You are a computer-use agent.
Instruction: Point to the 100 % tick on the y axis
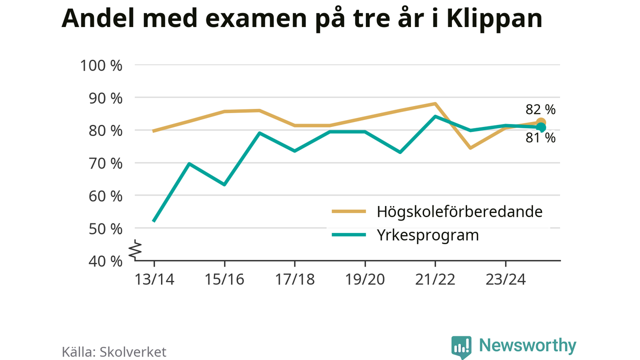[x=101, y=65]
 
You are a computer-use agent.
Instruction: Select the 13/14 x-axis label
[x=154, y=279]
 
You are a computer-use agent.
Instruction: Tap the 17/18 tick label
[x=295, y=279]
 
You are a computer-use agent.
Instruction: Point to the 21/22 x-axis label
[x=435, y=279]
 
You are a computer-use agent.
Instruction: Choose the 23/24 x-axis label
[x=505, y=279]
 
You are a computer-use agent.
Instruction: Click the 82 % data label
[x=540, y=109]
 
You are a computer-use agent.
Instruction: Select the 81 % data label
[x=540, y=138]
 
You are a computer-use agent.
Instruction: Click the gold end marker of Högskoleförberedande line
[x=541, y=122]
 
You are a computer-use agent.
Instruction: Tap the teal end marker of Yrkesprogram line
[x=540, y=128]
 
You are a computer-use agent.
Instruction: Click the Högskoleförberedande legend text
[x=459, y=211]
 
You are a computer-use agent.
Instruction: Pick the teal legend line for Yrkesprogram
[x=349, y=234]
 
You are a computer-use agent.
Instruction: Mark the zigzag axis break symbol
[x=135, y=251]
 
